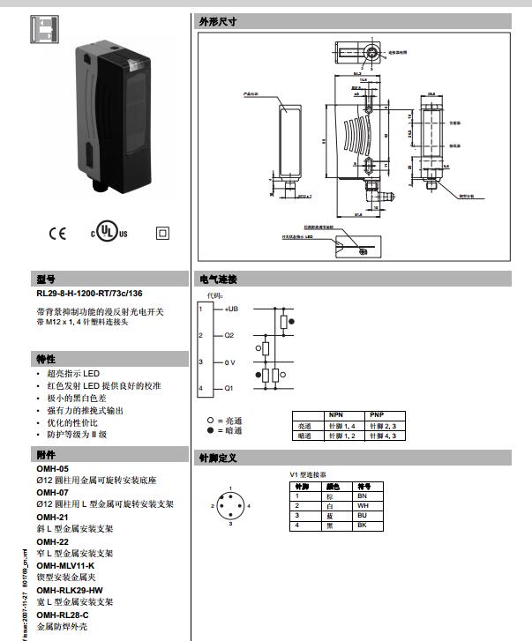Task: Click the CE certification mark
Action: click(x=57, y=234)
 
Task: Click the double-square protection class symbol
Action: click(x=161, y=234)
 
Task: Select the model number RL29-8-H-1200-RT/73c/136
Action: click(x=89, y=294)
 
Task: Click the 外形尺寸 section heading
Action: click(x=218, y=21)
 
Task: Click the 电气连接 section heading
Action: click(x=218, y=280)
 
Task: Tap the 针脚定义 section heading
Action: click(x=218, y=458)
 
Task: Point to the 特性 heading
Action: click(x=46, y=359)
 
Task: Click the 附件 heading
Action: click(x=46, y=455)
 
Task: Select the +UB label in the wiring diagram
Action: click(x=232, y=309)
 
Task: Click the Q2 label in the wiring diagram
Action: click(x=229, y=336)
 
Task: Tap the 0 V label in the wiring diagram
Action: click(x=229, y=362)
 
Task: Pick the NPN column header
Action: click(x=336, y=414)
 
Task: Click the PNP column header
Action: click(x=377, y=414)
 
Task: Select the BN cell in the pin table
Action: click(x=362, y=496)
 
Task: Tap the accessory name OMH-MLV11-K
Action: click(x=65, y=565)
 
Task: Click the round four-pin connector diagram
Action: click(x=229, y=505)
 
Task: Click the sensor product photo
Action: click(x=103, y=110)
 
